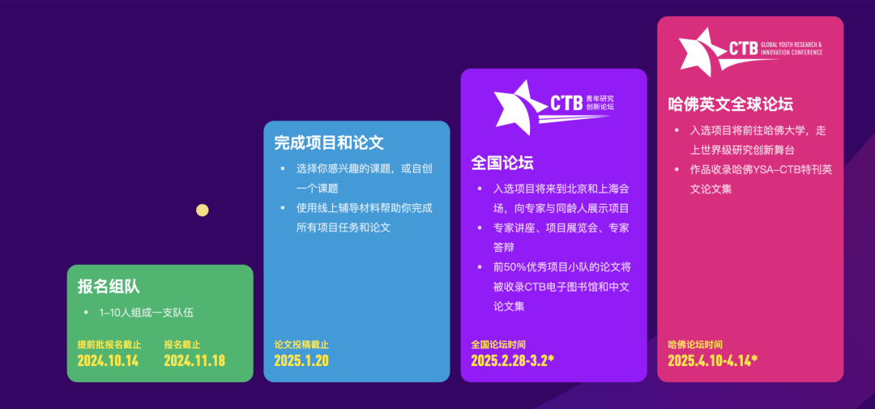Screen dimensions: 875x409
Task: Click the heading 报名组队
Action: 109,287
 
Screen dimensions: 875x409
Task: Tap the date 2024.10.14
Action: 108,360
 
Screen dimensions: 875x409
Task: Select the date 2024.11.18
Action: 194,360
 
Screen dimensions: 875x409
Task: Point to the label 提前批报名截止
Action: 109,344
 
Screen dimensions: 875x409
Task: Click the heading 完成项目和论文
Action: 329,143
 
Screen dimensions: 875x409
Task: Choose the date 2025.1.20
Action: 301,360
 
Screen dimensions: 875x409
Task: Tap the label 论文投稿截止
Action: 301,344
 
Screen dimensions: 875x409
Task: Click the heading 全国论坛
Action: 502,162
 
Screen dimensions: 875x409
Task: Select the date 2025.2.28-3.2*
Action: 512,360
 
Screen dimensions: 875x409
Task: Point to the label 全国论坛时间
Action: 498,344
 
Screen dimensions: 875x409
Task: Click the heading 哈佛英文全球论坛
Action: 731,104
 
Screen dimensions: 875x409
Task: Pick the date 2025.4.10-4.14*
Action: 713,360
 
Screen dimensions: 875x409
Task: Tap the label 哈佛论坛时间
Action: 695,344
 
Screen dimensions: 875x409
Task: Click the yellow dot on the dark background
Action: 202,211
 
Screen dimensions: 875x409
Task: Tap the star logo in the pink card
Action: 704,52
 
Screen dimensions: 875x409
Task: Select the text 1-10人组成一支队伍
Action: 146,313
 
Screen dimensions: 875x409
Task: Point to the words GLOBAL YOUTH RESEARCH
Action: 792,45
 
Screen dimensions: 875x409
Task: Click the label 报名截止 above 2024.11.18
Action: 182,344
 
